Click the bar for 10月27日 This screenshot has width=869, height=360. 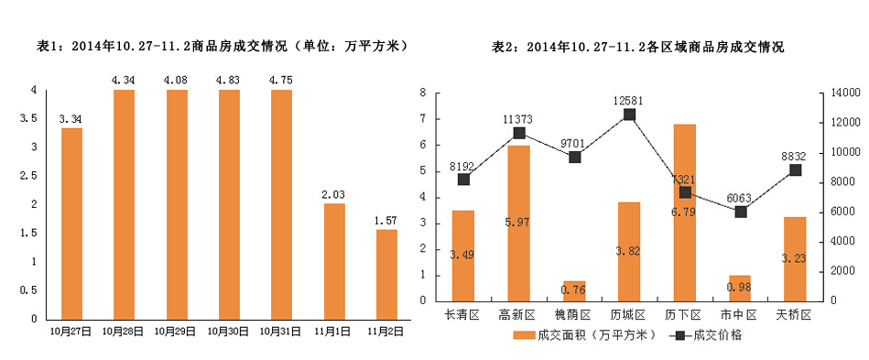pyautogui.click(x=71, y=223)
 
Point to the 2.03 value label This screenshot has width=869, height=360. pyautogui.click(x=334, y=193)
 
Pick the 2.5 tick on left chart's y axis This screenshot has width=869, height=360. pyautogui.click(x=35, y=176)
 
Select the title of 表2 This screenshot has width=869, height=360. pyautogui.click(x=637, y=46)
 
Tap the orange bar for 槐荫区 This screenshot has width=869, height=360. pyautogui.click(x=574, y=290)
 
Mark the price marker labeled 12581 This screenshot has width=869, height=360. pyautogui.click(x=630, y=115)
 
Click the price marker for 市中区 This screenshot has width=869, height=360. pyautogui.click(x=740, y=212)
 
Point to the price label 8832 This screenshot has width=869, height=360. pyautogui.click(x=795, y=155)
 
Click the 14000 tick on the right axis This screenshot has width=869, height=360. pyautogui.click(x=843, y=93)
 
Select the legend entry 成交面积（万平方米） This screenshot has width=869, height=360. pyautogui.click(x=581, y=335)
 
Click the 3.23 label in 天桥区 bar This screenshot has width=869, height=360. pyautogui.click(x=795, y=259)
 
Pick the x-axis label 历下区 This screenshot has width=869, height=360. pyautogui.click(x=685, y=314)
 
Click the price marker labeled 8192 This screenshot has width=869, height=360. pyautogui.click(x=463, y=180)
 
